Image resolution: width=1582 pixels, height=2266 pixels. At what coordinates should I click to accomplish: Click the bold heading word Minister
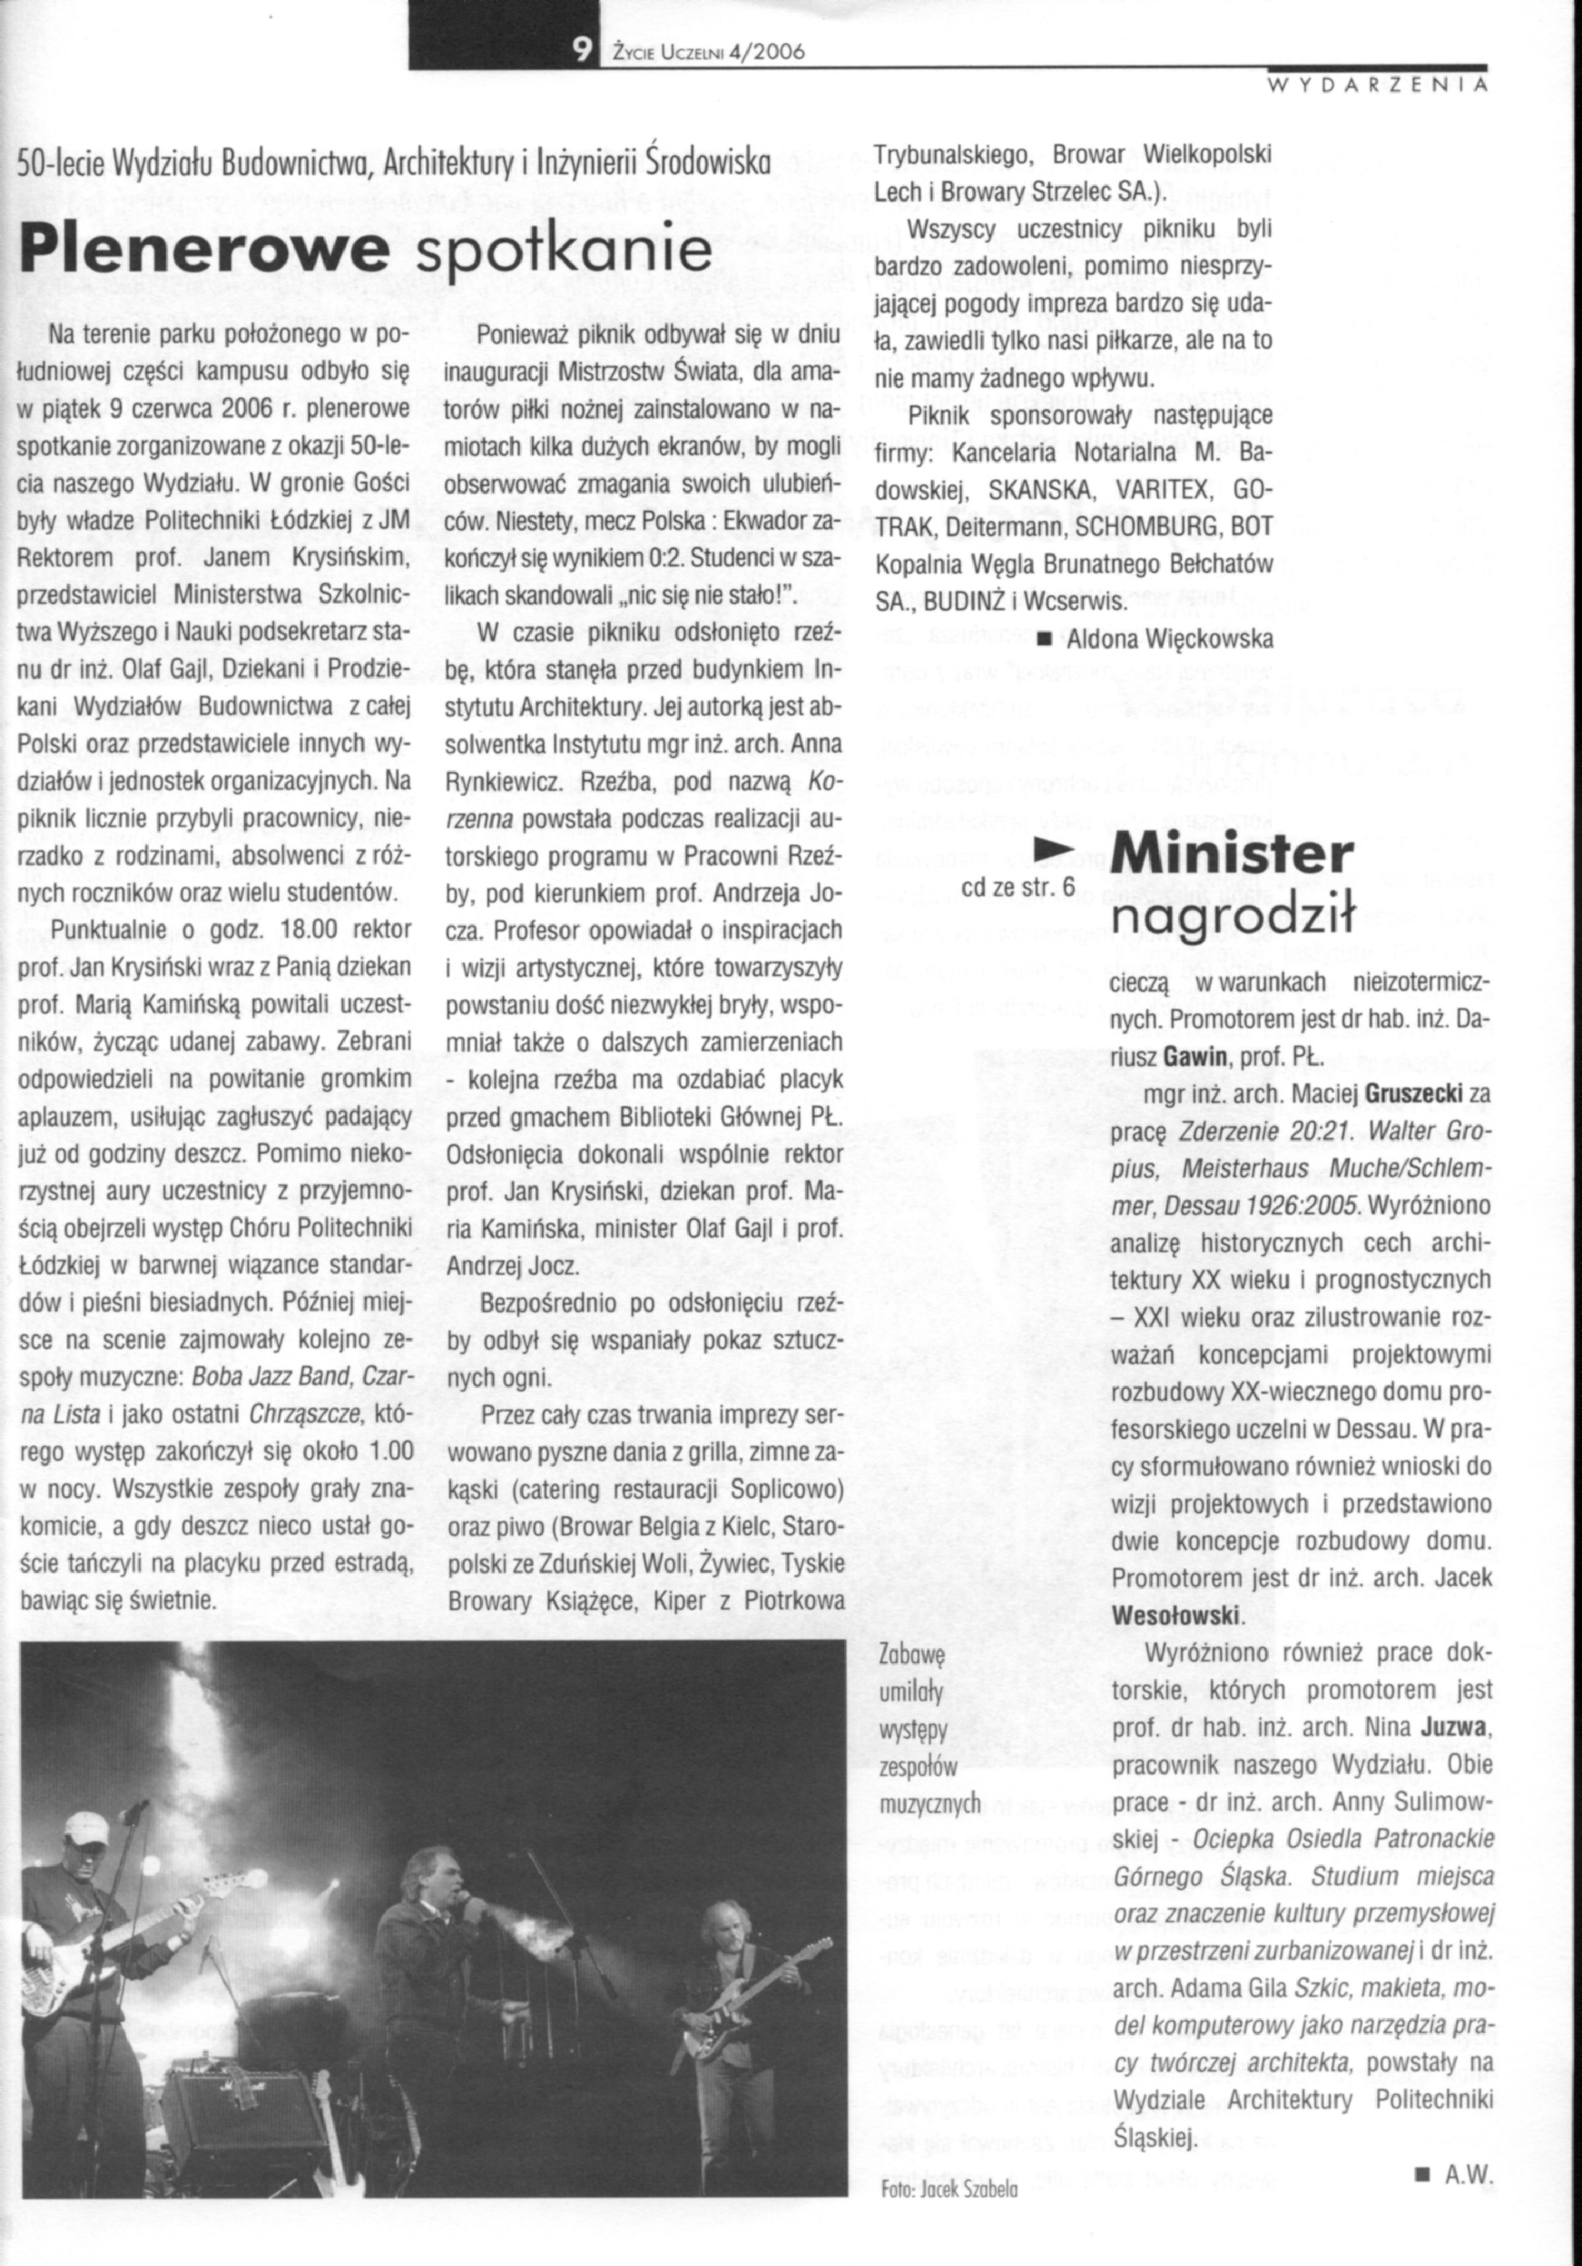1231,855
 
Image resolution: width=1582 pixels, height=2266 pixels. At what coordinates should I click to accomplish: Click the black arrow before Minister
1052,849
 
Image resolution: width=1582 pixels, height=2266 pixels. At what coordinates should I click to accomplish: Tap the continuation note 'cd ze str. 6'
1017,887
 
